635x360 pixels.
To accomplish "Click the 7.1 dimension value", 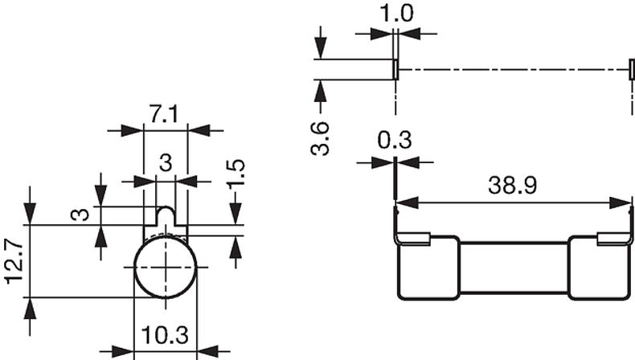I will [165, 115].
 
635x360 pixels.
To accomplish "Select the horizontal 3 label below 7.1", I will [165, 163].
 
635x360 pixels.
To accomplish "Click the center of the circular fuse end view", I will [165, 267].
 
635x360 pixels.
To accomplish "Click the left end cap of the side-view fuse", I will [428, 268].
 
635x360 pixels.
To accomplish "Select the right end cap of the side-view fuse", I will [599, 268].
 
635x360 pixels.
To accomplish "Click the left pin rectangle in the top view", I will [395, 69].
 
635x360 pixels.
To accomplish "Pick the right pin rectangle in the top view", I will [630, 69].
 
